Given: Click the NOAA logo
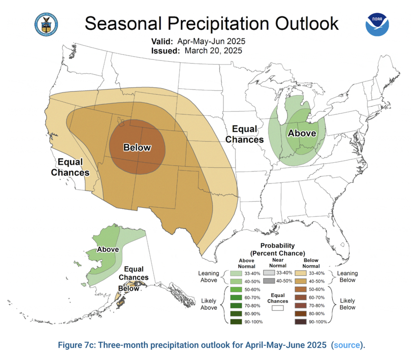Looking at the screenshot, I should pos(377,24).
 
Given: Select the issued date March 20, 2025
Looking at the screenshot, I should pos(213,51).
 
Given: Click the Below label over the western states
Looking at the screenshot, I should pos(137,147).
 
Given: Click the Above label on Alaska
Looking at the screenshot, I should pos(108,250).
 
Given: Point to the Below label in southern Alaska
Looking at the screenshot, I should pos(129,288).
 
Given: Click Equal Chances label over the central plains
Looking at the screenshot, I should pos(244,134).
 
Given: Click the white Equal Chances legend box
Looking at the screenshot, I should pos(278,308).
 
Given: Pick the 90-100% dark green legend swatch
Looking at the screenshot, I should pos(236,321).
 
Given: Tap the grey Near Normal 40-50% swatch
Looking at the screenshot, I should pos(268,281).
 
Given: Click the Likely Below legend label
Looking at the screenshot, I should pos(348,304).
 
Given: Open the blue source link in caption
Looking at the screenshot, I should pos(345,345).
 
